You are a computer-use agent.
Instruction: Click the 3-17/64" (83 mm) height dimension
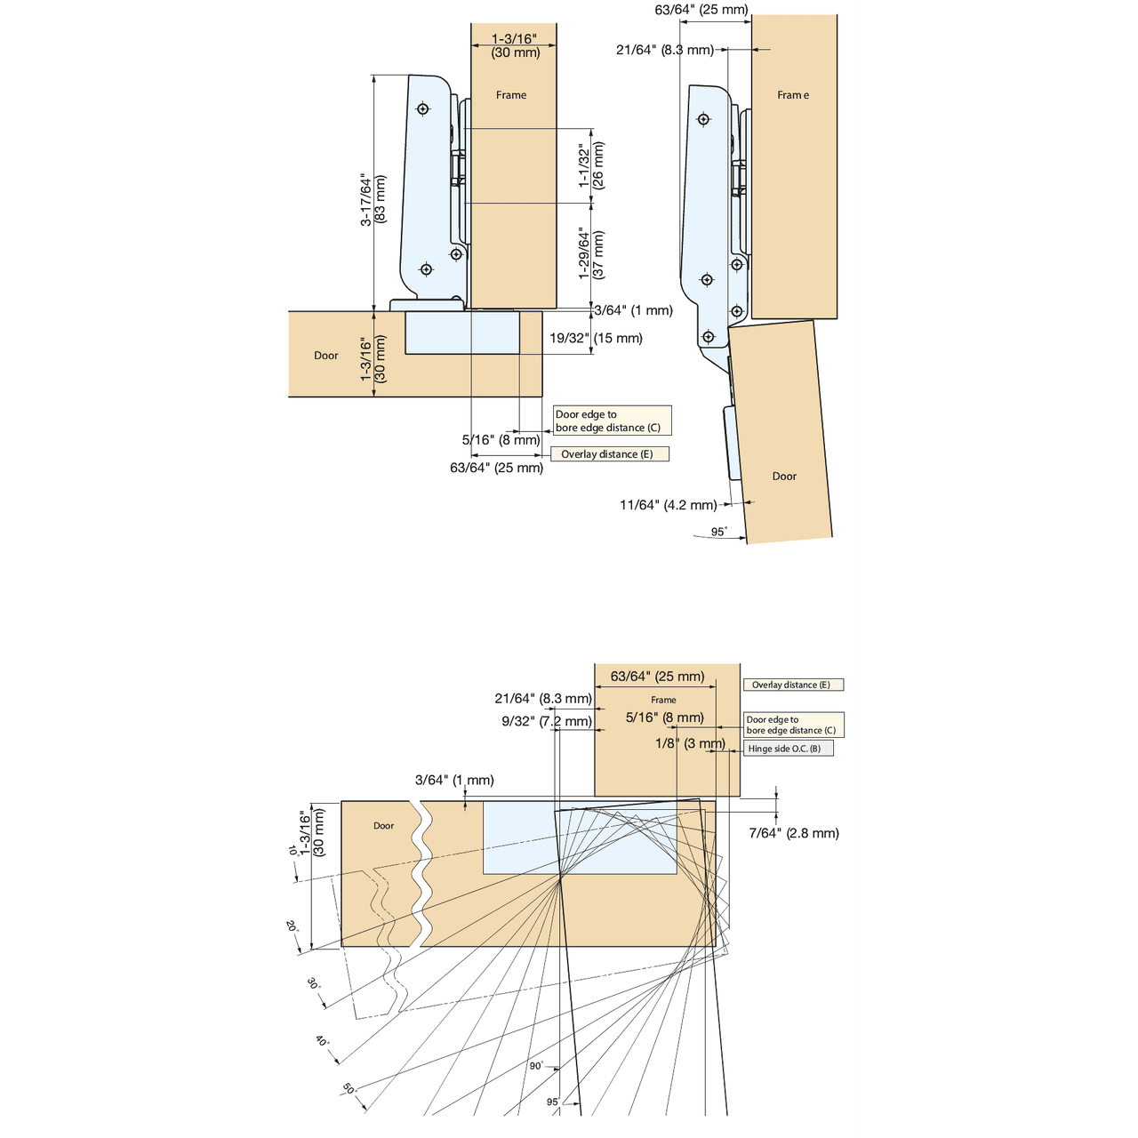tap(373, 200)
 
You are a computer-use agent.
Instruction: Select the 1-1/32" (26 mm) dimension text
tap(591, 165)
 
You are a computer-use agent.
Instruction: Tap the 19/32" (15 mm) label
tap(596, 338)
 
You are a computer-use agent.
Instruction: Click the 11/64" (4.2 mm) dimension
tap(668, 505)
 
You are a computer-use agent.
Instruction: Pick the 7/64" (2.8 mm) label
tap(794, 833)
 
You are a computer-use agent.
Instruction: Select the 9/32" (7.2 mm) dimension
tap(547, 721)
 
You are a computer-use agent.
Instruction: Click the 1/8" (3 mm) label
tap(691, 743)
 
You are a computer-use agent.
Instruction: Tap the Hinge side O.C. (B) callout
tap(788, 749)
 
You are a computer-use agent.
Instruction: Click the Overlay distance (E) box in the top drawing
tap(610, 453)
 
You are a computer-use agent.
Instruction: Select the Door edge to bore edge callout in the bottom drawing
tap(794, 725)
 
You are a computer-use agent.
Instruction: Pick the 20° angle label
tap(291, 926)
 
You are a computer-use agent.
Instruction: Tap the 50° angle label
tap(349, 1088)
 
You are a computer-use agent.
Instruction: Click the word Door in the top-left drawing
tap(326, 355)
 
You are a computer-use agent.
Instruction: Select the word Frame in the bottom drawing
tap(663, 700)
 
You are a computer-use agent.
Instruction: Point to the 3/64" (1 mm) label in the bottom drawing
tap(454, 780)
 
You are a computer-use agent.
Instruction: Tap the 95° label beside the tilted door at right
tap(718, 532)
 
